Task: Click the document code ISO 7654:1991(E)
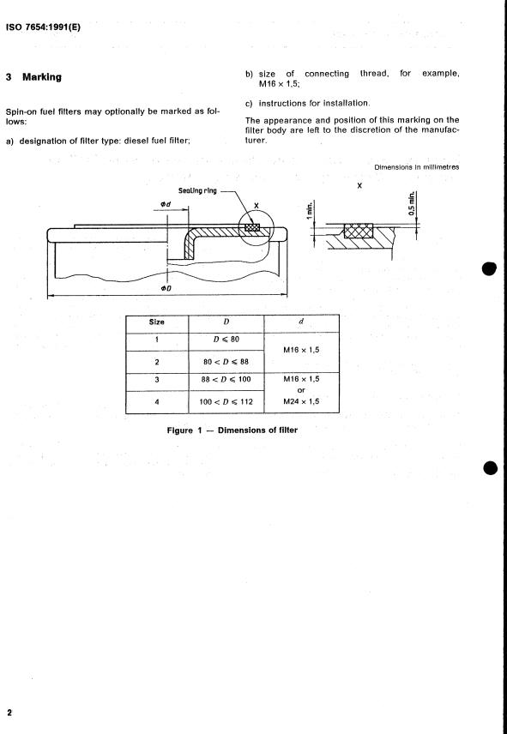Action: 43,27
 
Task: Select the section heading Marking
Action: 42,77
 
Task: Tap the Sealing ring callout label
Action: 197,191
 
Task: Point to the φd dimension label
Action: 165,205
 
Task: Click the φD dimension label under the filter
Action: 166,288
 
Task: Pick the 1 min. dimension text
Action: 310,211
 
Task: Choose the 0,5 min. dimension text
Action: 412,203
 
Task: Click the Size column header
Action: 157,322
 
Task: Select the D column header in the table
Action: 226,322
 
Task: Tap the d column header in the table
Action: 301,322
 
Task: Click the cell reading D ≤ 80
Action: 226,340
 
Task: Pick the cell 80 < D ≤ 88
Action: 226,362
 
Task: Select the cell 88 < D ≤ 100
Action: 226,379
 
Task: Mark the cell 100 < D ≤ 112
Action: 226,401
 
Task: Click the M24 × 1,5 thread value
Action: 301,401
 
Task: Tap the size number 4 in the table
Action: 157,401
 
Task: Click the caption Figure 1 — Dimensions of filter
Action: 232,430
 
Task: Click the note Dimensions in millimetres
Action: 417,167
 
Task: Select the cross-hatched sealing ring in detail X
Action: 359,231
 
